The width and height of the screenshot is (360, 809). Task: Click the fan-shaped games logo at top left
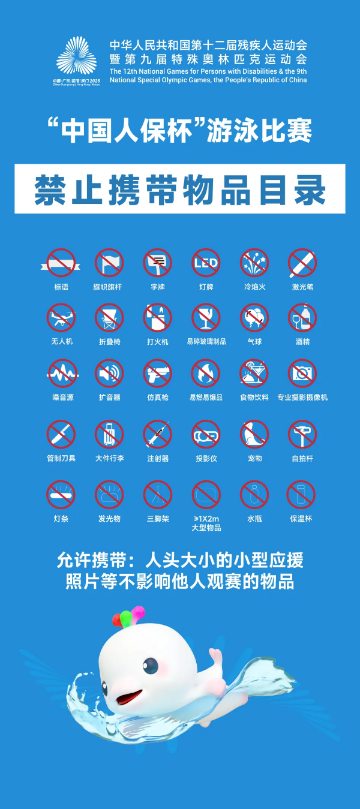pyautogui.click(x=76, y=56)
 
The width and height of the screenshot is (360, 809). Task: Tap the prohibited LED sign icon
pyautogui.click(x=206, y=263)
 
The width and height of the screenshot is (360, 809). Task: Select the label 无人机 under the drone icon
pyautogui.click(x=61, y=341)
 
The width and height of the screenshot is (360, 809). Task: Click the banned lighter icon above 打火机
pyautogui.click(x=157, y=318)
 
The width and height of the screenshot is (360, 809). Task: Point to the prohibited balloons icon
pyautogui.click(x=254, y=318)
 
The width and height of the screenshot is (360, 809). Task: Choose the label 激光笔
pyautogui.click(x=302, y=287)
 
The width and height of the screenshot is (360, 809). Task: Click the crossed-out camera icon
pyautogui.click(x=302, y=374)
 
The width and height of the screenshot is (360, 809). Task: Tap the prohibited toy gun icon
pyautogui.click(x=157, y=374)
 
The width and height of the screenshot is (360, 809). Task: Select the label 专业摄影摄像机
pyautogui.click(x=302, y=397)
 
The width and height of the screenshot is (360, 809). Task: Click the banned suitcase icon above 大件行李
pyautogui.click(x=109, y=434)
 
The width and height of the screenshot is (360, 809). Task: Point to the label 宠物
pyautogui.click(x=254, y=458)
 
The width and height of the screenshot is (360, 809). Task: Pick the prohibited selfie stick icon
pyautogui.click(x=302, y=434)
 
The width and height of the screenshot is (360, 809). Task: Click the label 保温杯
pyautogui.click(x=302, y=518)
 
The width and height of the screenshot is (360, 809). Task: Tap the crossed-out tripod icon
pyautogui.click(x=157, y=495)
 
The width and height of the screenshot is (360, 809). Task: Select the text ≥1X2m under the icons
pyautogui.click(x=206, y=518)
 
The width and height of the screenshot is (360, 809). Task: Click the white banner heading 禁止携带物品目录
pyautogui.click(x=180, y=189)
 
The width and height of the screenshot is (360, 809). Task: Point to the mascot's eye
pyautogui.click(x=151, y=665)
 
